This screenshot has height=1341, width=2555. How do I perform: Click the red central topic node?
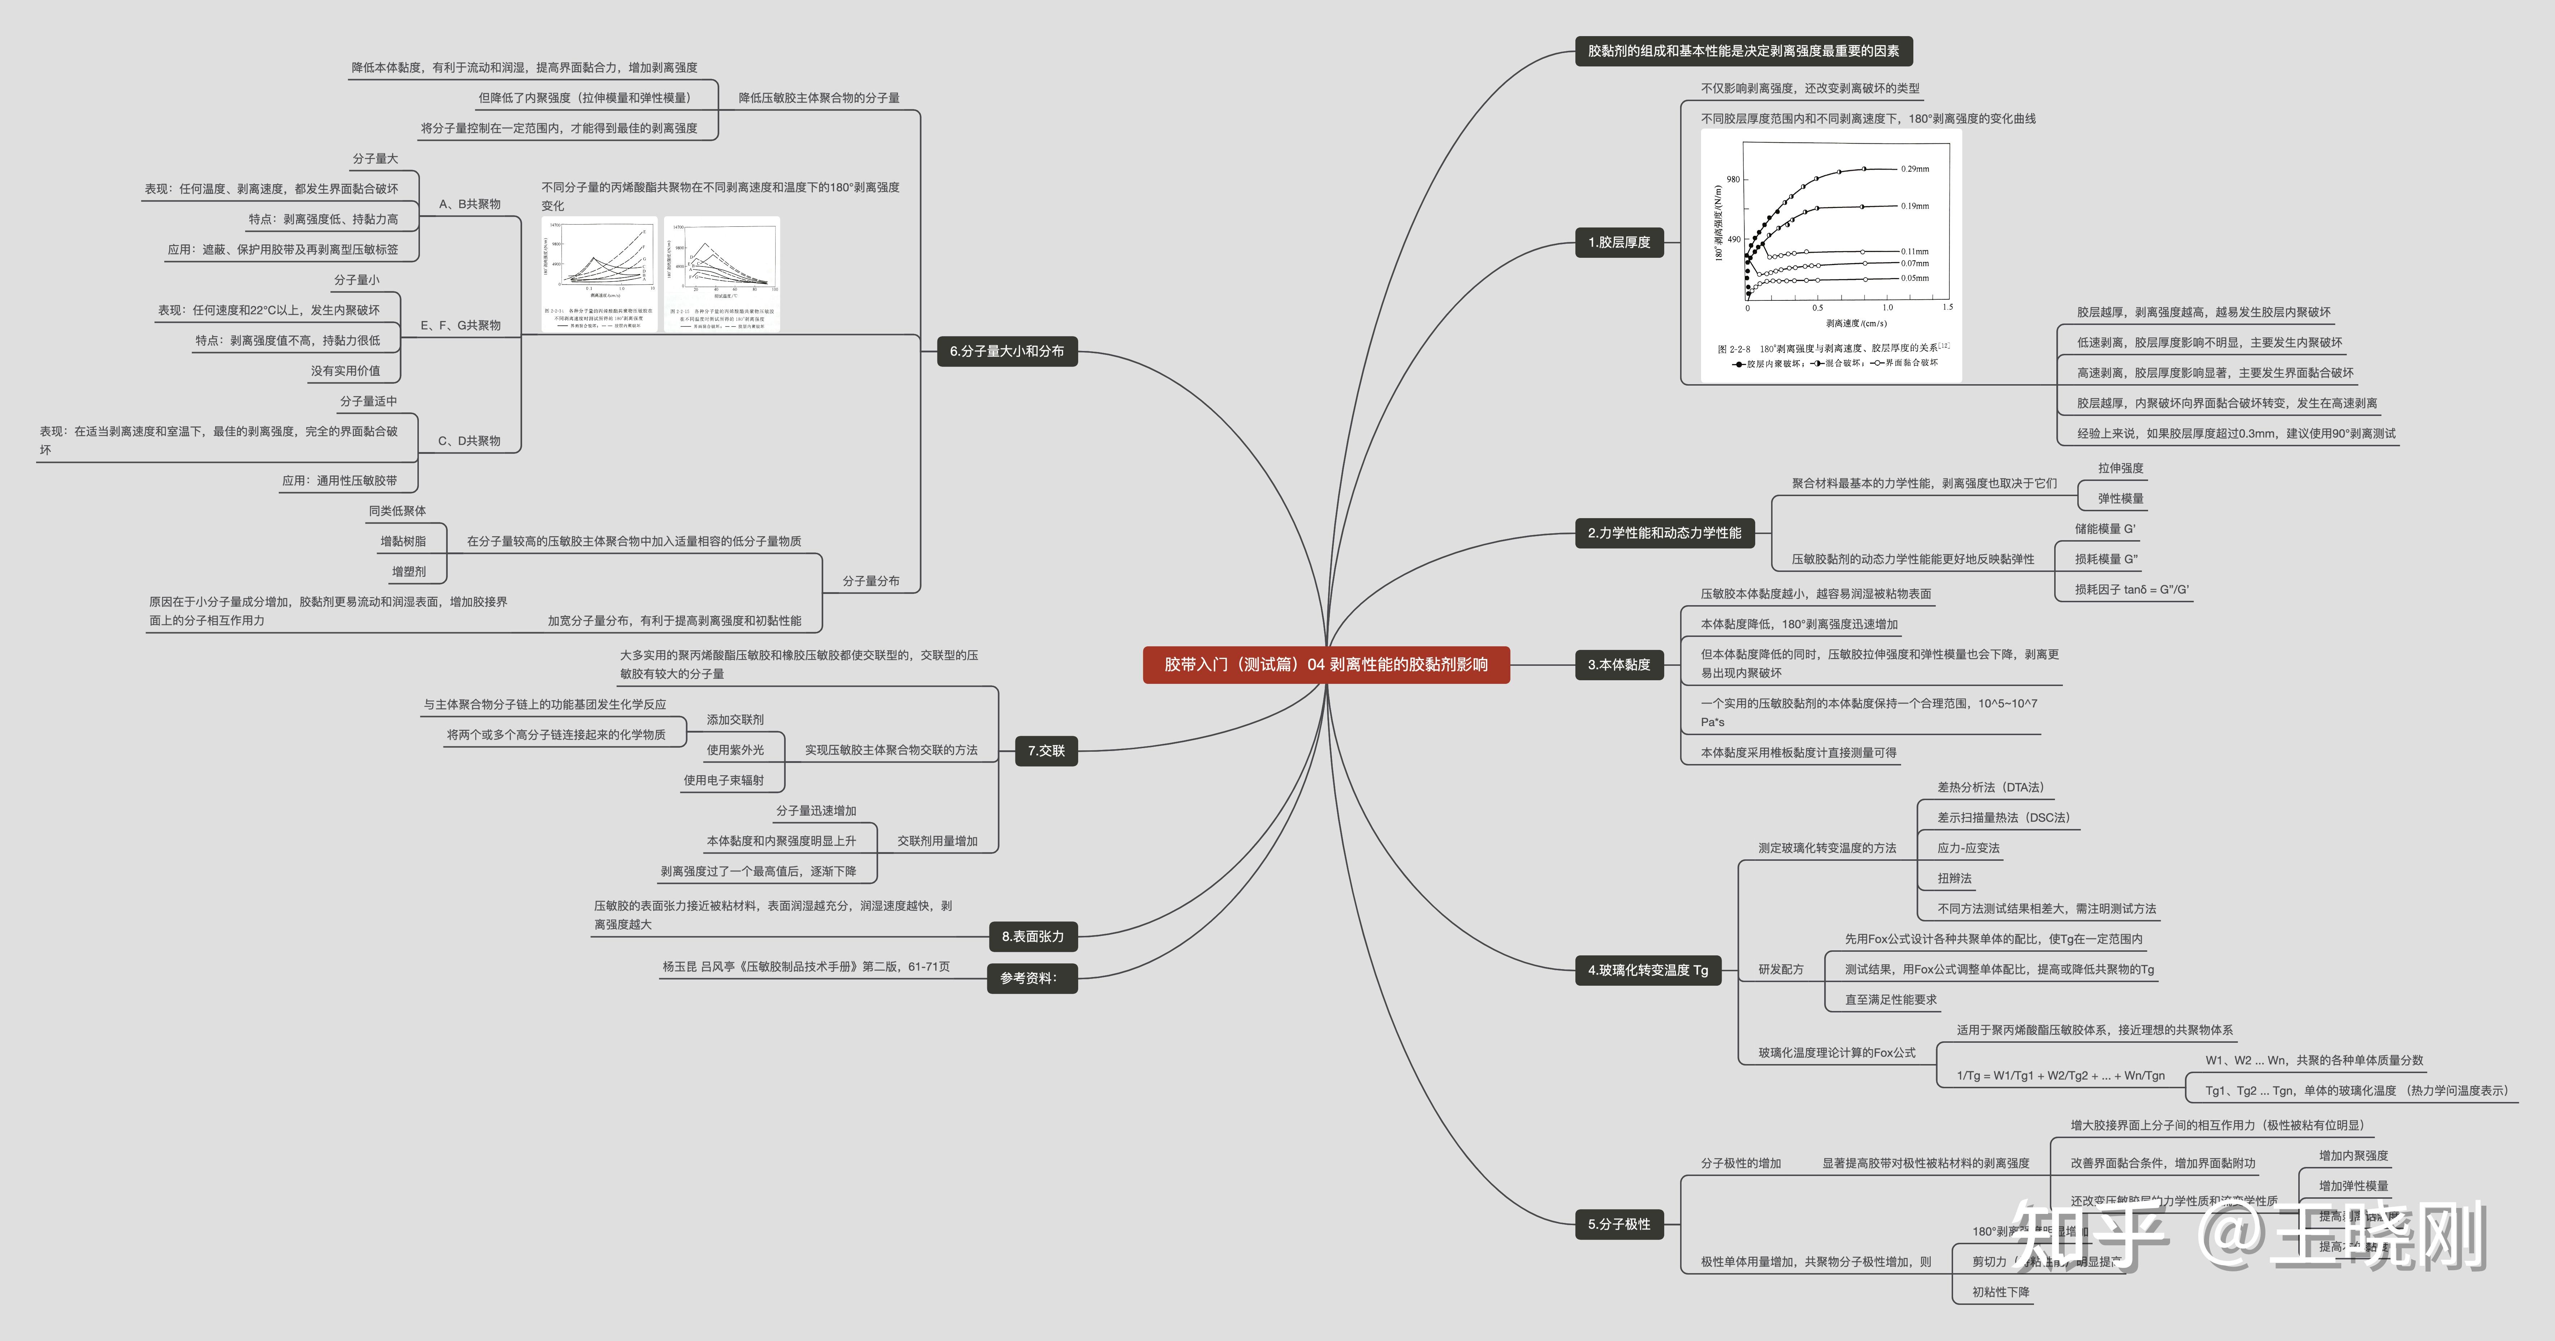click(1326, 665)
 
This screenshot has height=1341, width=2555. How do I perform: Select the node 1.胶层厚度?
click(1619, 242)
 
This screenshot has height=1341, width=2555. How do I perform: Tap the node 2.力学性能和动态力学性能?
click(1664, 533)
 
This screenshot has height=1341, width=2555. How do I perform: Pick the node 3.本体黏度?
click(1619, 665)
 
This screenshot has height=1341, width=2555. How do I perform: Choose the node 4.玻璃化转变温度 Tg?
click(1648, 970)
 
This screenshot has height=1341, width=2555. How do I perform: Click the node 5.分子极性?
click(1619, 1224)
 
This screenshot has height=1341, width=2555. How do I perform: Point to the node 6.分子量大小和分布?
click(1007, 351)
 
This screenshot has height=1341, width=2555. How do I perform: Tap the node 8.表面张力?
click(1033, 936)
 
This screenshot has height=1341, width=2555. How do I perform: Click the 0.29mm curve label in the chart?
click(1914, 169)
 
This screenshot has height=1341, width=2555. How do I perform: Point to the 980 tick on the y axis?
click(1733, 179)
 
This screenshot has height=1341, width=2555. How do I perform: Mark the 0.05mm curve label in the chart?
click(1914, 278)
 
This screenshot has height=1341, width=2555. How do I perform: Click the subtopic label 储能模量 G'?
click(2105, 529)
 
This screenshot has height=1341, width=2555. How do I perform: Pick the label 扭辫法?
click(1954, 878)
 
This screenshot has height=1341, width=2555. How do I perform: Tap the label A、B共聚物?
click(470, 204)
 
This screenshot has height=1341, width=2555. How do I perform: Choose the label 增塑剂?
click(409, 571)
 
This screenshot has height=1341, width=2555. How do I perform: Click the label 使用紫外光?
click(735, 750)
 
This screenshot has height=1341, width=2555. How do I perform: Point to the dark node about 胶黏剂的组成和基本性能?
click(1743, 51)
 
